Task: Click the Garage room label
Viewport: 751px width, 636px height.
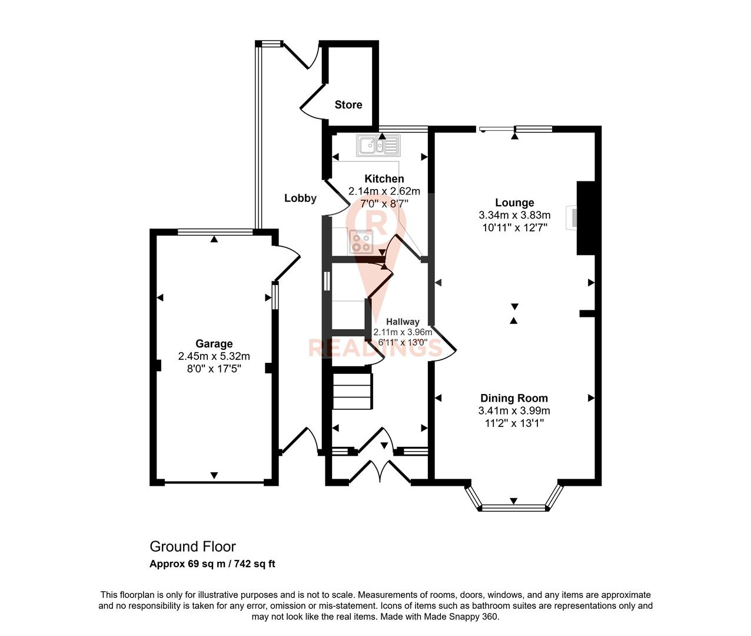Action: point(214,344)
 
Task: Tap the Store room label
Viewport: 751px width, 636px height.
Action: point(348,105)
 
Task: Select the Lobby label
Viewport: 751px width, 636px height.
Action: point(300,198)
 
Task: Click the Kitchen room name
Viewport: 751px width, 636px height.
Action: point(384,179)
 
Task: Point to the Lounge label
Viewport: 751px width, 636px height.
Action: point(514,203)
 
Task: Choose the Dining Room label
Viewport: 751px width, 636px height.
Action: point(514,399)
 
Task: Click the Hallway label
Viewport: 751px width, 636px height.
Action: point(403,322)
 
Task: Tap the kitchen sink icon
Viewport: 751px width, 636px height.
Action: point(378,144)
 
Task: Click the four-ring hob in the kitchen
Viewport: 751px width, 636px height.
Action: point(360,241)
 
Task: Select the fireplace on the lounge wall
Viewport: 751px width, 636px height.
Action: point(572,217)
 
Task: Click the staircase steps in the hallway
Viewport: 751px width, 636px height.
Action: point(353,390)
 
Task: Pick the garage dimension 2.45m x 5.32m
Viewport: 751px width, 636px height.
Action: point(214,356)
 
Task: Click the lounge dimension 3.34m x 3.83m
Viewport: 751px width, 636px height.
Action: point(514,216)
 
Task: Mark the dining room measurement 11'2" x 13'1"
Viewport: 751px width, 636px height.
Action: point(514,423)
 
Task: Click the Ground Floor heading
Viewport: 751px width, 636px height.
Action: point(192,546)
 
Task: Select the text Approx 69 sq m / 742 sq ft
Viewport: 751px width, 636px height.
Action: point(212,564)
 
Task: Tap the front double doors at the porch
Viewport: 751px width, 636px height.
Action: point(380,471)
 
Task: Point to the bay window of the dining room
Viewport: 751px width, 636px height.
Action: point(514,505)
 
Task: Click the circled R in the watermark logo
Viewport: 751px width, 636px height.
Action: point(377,223)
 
